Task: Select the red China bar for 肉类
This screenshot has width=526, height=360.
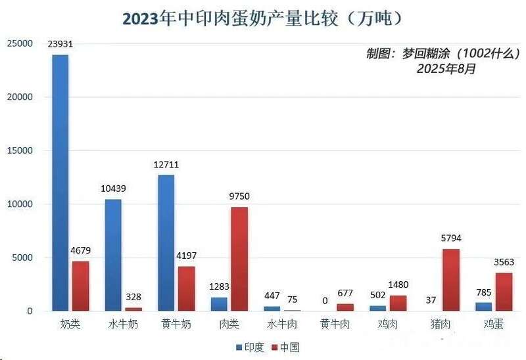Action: tap(239, 259)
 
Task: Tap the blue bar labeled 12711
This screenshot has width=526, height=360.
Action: tap(166, 242)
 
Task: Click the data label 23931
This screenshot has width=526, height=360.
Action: tap(60, 45)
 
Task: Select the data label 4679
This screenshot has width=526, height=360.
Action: tap(81, 250)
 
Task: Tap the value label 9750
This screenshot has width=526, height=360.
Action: tap(239, 196)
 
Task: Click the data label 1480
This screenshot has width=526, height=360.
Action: tap(399, 284)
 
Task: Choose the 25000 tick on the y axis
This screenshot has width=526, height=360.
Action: tap(20, 43)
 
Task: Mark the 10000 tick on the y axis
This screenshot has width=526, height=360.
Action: tap(20, 204)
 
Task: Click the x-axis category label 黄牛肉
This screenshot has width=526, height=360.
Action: tap(335, 325)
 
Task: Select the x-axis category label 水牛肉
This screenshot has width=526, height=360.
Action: tap(282, 325)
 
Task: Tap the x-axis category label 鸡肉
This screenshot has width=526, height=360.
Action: tap(388, 325)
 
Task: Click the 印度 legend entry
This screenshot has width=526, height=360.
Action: tap(250, 347)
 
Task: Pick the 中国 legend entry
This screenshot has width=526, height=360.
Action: tap(285, 347)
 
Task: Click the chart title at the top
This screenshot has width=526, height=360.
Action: tap(262, 18)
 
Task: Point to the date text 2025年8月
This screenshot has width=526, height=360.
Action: tap(445, 68)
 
